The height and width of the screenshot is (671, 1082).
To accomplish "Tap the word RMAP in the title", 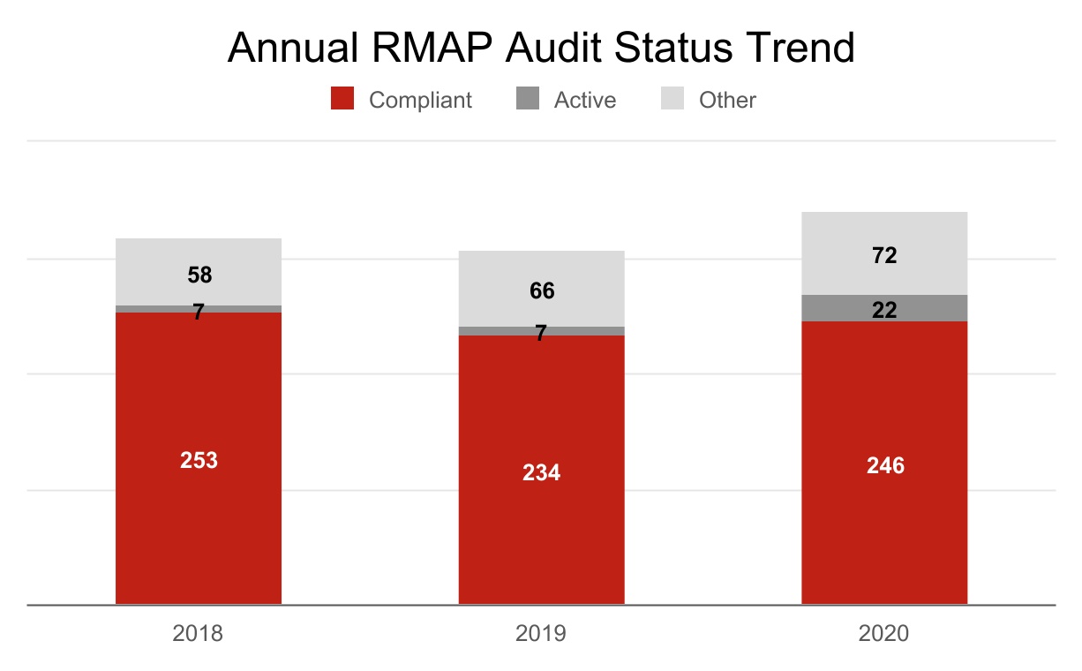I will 432,48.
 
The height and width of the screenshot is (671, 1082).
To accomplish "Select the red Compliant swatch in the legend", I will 342,99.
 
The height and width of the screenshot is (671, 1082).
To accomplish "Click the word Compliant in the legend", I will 420,100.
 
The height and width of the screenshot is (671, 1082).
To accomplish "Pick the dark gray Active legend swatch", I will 527,99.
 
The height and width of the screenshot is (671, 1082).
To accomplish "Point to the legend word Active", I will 584,100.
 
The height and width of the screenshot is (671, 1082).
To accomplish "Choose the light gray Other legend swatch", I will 672,99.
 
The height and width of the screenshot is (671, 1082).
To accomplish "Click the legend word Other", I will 727,100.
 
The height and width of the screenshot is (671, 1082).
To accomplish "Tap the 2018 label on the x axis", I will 199,633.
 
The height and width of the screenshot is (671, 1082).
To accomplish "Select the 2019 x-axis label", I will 541,633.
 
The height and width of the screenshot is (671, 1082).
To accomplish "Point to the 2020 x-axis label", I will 884,633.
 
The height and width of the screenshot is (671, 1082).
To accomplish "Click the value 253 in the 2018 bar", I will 199,460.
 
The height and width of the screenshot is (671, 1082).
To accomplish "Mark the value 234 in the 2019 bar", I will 541,472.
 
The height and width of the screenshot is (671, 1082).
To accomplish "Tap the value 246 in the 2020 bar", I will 885,465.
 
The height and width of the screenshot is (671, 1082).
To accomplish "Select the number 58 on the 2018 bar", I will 199,275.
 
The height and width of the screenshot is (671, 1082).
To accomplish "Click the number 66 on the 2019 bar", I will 542,290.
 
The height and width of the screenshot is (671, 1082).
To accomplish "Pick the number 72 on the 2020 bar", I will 884,255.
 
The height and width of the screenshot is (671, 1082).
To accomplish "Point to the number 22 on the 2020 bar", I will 884,310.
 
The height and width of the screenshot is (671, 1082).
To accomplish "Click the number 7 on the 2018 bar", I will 199,312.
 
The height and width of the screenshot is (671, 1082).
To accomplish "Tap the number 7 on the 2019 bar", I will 541,333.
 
